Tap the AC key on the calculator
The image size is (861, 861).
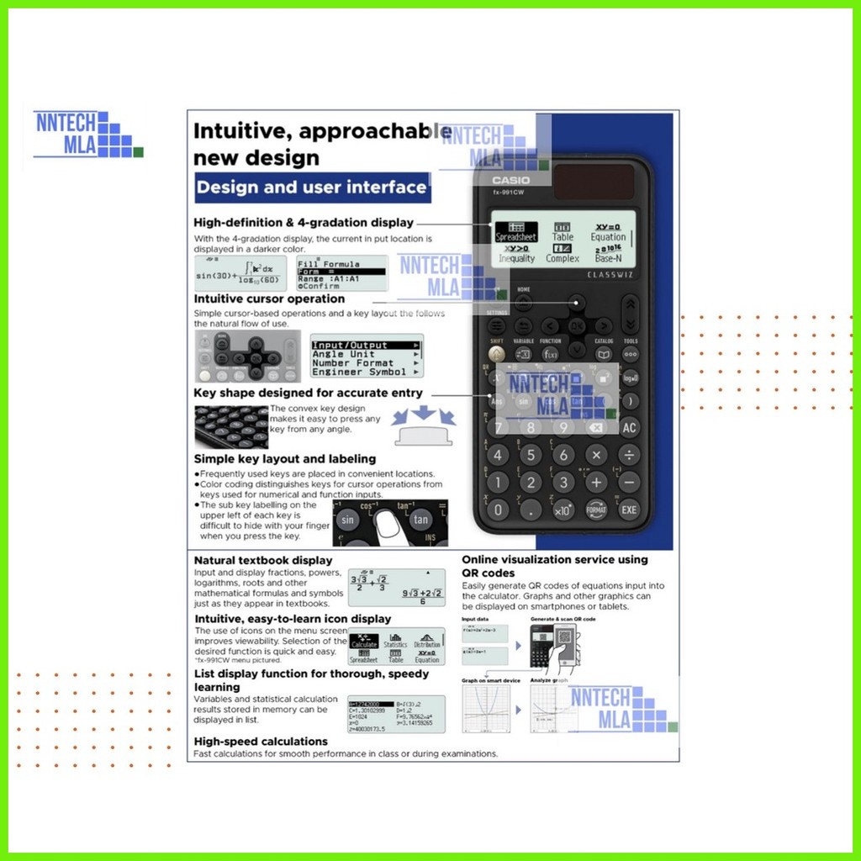(630, 427)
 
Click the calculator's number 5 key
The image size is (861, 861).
(531, 455)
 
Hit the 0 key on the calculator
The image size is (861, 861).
(498, 509)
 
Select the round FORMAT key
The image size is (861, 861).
(596, 509)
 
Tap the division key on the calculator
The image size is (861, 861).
(630, 455)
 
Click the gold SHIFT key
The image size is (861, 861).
(497, 354)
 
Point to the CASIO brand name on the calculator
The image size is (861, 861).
(511, 180)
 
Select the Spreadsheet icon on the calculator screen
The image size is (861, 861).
(515, 232)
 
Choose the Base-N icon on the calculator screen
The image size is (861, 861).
(608, 253)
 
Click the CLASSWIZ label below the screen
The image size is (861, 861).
(610, 274)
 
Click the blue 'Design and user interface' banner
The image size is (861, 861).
(313, 188)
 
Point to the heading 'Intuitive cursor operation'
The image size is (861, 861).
(269, 298)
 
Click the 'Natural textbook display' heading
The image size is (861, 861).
(263, 560)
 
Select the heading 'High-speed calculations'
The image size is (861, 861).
(261, 742)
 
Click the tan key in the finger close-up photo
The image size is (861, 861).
(420, 520)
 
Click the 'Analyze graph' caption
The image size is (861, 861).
(551, 680)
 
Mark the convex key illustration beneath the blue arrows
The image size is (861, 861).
(424, 437)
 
